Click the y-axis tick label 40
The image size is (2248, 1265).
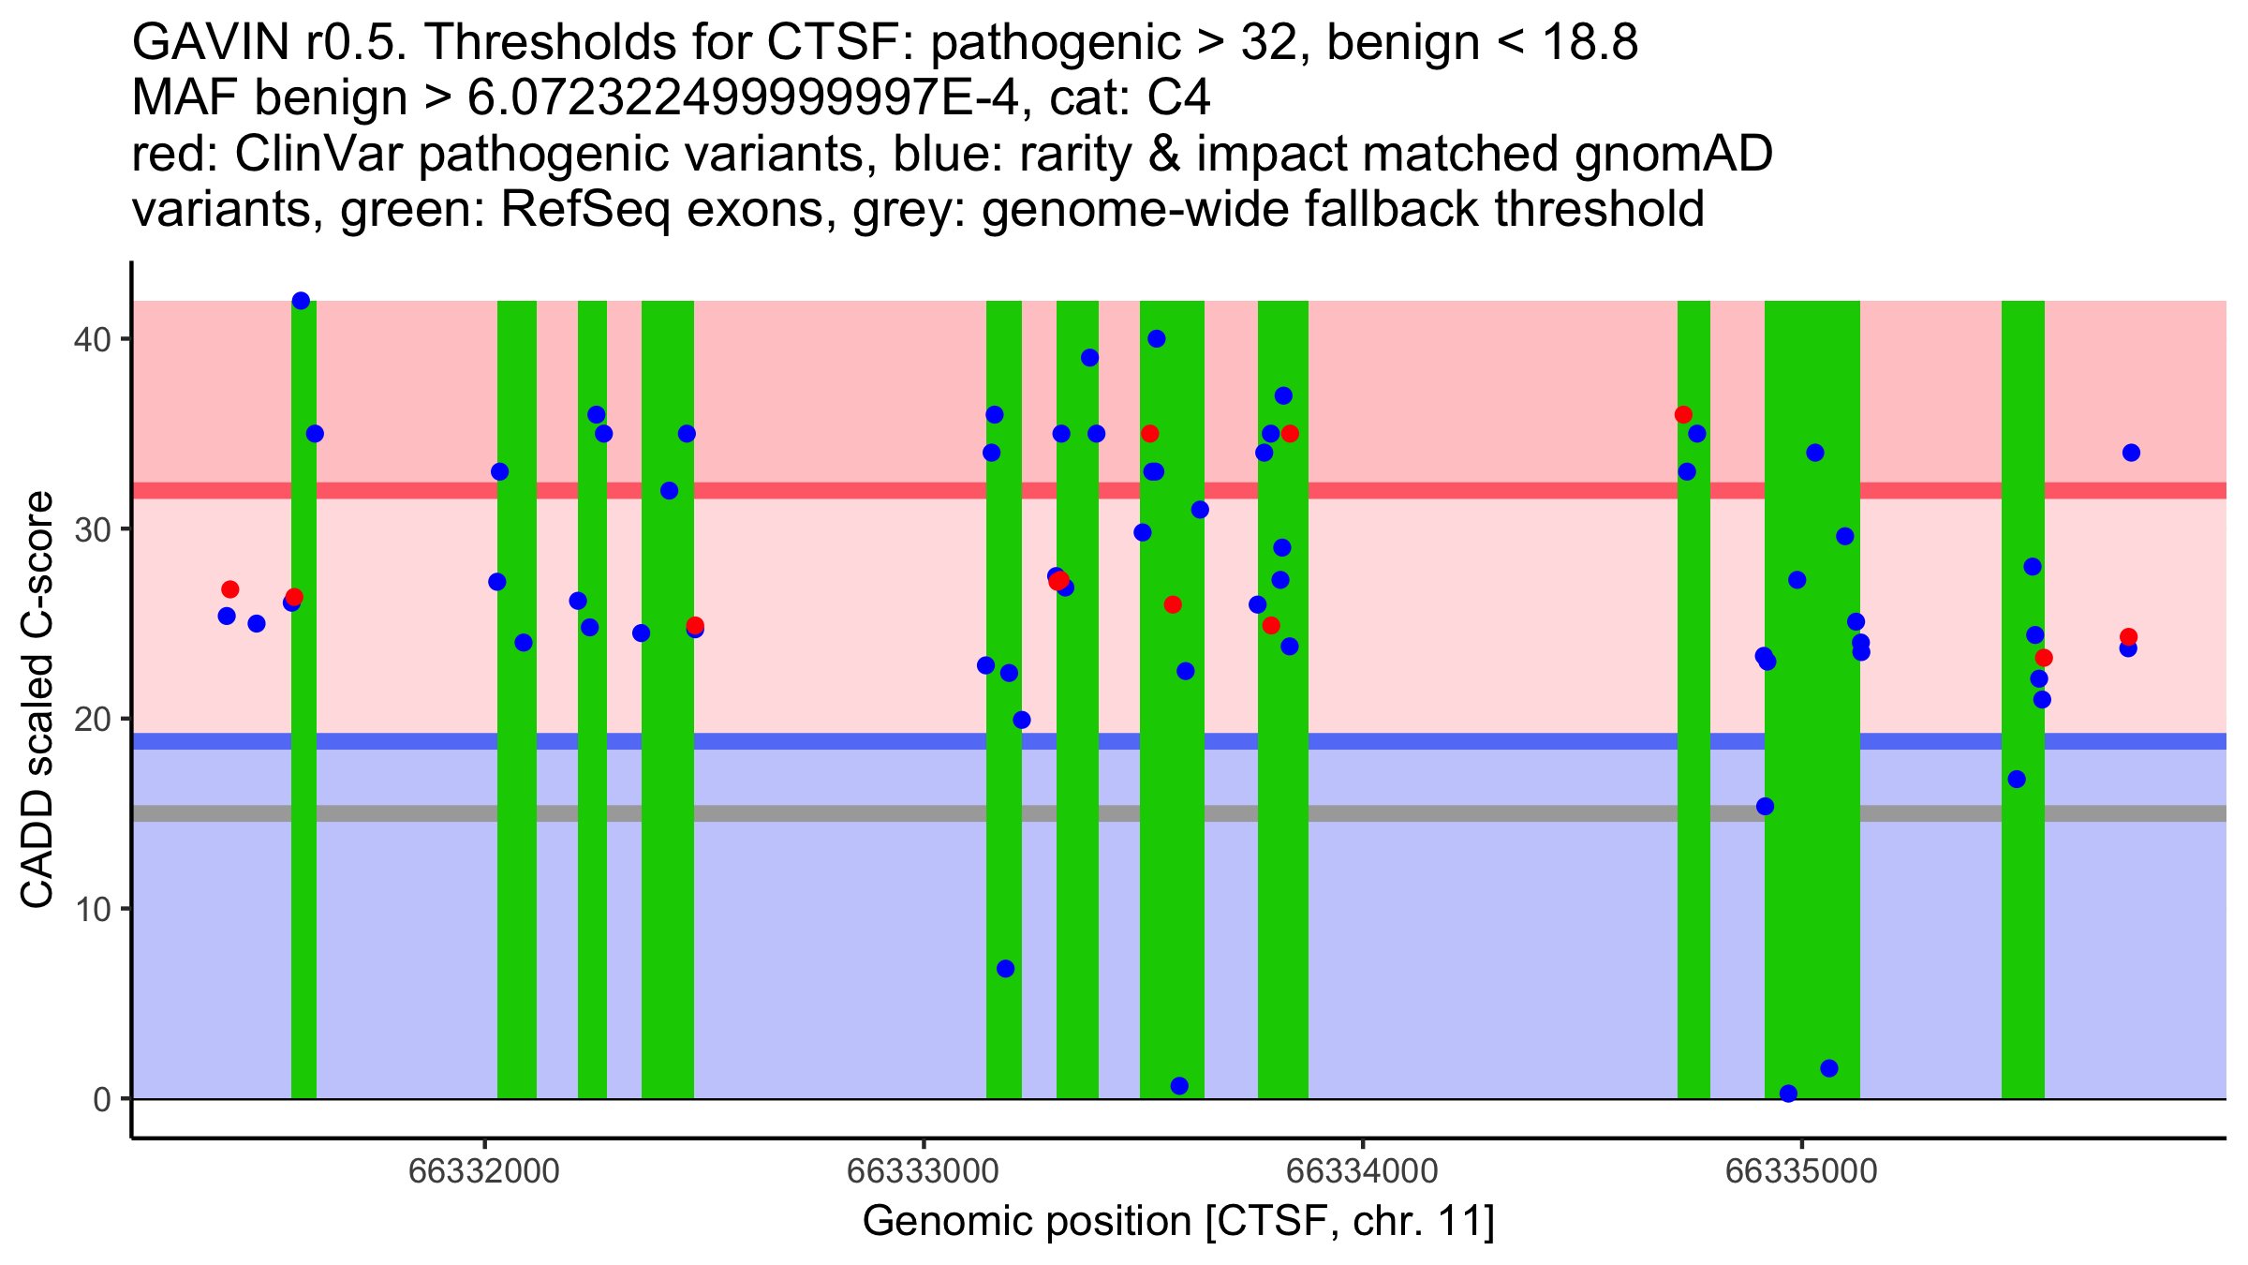tap(91, 339)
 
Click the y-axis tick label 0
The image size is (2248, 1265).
tap(101, 1099)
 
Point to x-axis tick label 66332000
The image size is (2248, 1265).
tap(484, 1171)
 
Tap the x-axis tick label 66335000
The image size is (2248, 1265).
tap(1801, 1171)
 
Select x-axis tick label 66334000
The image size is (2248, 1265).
tap(1362, 1171)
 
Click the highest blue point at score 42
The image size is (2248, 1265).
tap(301, 301)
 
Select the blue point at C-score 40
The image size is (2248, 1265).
tap(1157, 339)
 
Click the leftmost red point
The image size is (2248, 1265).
tap(230, 589)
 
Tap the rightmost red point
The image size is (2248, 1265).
tap(2128, 637)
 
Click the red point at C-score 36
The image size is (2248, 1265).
tap(1683, 414)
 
